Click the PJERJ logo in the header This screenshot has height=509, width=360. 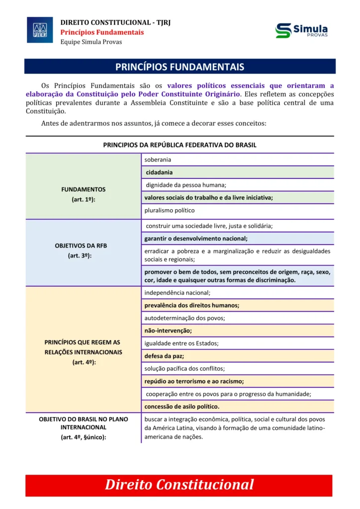tap(39, 30)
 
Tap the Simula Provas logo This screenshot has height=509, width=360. tap(301, 30)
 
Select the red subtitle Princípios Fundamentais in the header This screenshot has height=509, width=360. tap(102, 32)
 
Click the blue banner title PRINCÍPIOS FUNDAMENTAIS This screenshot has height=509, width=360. tap(180, 67)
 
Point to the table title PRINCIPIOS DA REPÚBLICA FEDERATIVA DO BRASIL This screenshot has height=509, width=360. tap(180, 145)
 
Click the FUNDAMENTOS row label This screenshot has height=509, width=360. tap(83, 189)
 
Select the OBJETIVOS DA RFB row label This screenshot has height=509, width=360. tap(83, 246)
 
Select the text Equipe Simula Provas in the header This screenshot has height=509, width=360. tap(91, 42)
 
